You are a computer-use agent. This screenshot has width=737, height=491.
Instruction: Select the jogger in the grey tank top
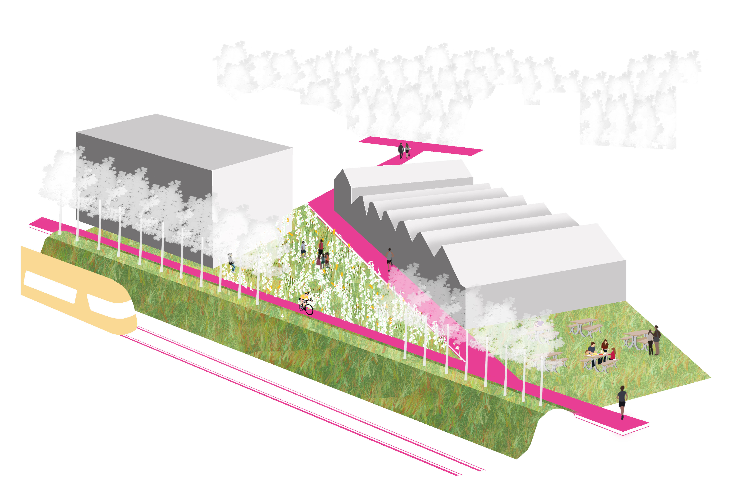pos(390,258)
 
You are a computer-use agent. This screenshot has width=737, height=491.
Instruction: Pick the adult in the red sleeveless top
pos(321,247)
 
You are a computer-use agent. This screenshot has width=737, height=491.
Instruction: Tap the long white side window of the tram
pos(50,287)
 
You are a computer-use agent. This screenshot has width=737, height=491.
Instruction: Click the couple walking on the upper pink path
pos(404,150)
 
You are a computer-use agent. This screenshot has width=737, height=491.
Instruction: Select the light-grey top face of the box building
pos(185,138)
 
